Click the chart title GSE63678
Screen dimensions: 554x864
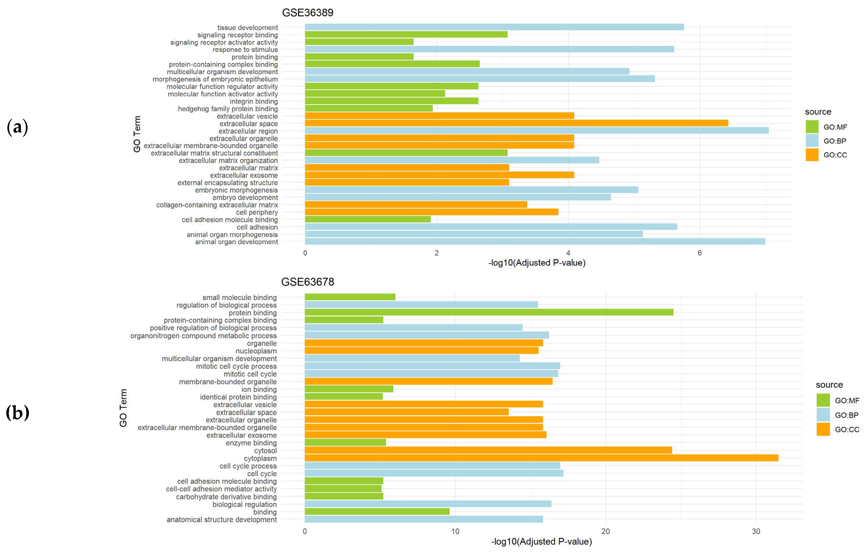pyautogui.click(x=307, y=282)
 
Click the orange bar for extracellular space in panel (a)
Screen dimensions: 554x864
pyautogui.click(x=516, y=123)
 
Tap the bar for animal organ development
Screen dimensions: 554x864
pyautogui.click(x=535, y=241)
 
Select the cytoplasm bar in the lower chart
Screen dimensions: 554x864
pyautogui.click(x=541, y=458)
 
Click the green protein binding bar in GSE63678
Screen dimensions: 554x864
pyautogui.click(x=488, y=312)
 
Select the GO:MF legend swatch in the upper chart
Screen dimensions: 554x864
pyautogui.click(x=812, y=127)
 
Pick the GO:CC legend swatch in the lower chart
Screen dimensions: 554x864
pyautogui.click(x=823, y=429)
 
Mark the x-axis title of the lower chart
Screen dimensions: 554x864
pyautogui.click(x=541, y=541)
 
